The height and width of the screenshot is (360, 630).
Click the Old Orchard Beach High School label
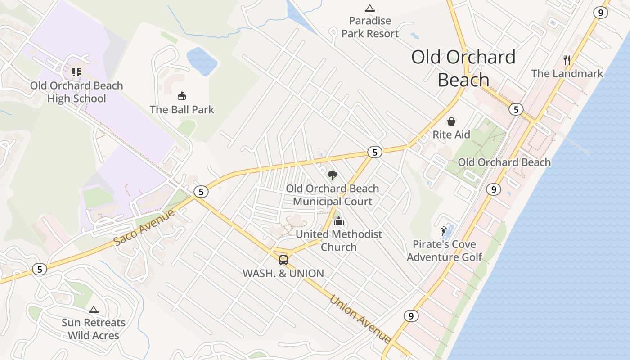(x=76, y=92)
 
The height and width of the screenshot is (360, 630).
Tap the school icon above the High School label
(x=76, y=72)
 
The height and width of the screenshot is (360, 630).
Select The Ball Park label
(x=182, y=109)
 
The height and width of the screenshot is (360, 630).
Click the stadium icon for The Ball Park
(x=182, y=96)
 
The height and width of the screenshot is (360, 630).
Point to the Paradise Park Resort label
(x=370, y=27)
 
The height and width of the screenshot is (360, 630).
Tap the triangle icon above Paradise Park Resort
(x=370, y=8)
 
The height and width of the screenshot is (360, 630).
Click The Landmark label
(x=567, y=73)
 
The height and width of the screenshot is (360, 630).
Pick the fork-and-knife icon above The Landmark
(x=567, y=60)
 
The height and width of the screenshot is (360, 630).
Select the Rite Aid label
(x=451, y=135)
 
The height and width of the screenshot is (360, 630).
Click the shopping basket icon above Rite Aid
(x=451, y=121)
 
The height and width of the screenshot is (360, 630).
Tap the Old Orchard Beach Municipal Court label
(x=333, y=195)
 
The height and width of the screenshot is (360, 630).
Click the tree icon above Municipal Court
(x=333, y=175)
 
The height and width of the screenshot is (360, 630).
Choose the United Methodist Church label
(x=339, y=240)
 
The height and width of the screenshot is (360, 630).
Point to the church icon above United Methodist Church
(x=339, y=221)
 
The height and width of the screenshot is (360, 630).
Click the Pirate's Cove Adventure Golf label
(x=445, y=251)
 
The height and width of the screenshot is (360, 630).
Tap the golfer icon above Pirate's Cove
(x=444, y=231)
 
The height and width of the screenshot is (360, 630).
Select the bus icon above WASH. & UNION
(x=283, y=260)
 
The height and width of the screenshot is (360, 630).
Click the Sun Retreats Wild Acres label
(x=94, y=329)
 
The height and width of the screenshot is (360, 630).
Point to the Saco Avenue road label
(x=144, y=227)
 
